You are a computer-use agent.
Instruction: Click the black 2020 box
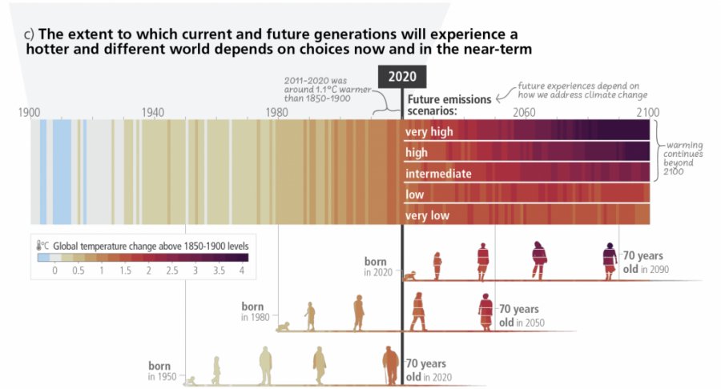tap(401, 77)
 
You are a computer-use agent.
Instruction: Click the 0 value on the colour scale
tap(54, 271)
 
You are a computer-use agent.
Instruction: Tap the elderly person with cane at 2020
tap(390, 365)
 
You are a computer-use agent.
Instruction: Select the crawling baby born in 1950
tap(190, 380)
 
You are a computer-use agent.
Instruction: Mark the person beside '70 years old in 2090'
tap(609, 260)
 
